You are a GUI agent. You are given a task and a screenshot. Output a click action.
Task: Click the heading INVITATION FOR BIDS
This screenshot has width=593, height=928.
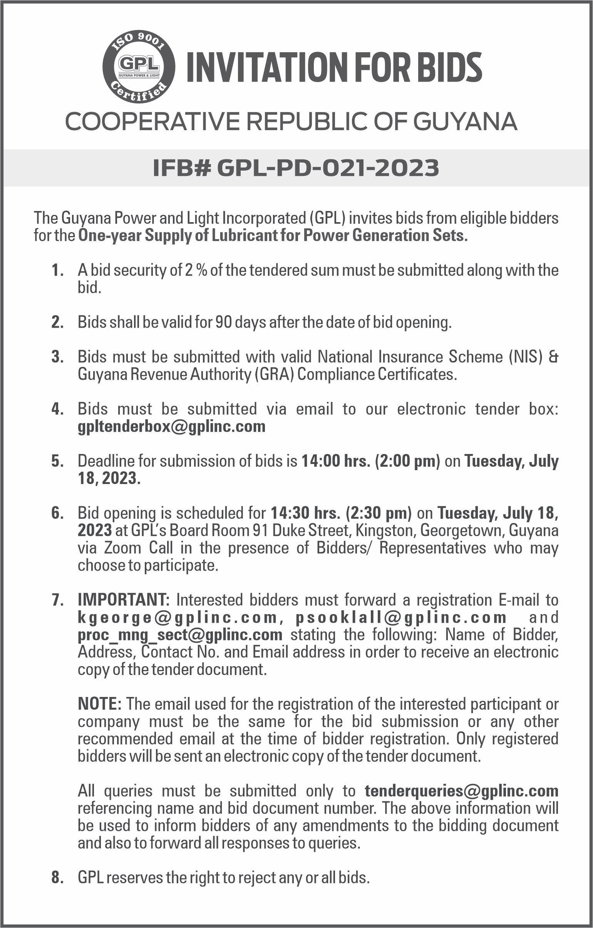(334, 67)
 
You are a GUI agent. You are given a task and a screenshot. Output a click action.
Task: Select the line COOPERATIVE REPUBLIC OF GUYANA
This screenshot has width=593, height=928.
(291, 121)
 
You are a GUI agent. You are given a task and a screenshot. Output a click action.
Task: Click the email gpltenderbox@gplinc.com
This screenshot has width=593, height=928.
(171, 426)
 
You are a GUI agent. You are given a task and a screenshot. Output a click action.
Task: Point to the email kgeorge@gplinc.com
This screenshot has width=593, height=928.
(177, 617)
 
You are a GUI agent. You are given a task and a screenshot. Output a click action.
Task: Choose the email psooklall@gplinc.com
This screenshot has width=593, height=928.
(401, 617)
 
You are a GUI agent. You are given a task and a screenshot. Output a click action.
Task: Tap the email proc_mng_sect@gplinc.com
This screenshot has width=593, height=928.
(180, 635)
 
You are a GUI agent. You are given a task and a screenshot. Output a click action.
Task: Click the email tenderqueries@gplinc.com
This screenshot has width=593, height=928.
(461, 791)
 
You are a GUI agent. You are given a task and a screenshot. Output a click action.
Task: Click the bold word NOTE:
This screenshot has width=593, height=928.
(100, 704)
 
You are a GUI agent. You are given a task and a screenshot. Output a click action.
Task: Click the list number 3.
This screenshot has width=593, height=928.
(57, 357)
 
